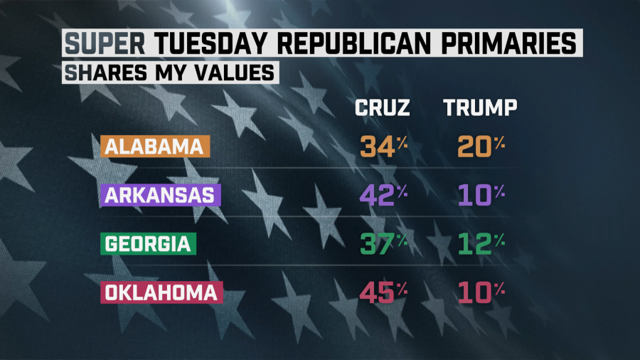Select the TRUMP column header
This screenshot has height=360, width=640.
point(479,108)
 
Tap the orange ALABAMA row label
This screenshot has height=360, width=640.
point(154,147)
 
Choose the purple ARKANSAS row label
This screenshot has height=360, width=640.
point(161,195)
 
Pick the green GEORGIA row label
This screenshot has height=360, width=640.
point(148,243)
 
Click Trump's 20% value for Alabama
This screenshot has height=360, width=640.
point(479,147)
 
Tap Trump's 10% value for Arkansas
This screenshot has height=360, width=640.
point(479,195)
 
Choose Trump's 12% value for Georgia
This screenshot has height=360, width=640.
point(479,243)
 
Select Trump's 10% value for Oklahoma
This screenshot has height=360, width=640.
point(479,292)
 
